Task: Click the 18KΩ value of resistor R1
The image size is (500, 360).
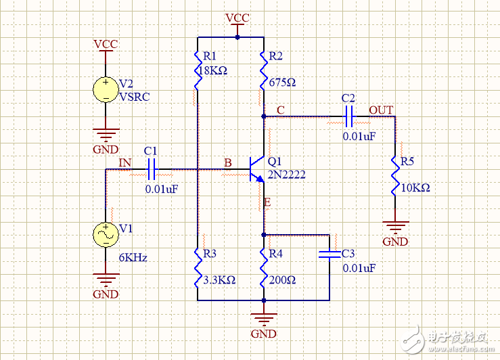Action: click(213, 70)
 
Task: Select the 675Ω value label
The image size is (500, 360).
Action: click(282, 83)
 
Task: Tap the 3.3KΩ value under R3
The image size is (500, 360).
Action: click(219, 279)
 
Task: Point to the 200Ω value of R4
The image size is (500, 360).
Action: click(281, 279)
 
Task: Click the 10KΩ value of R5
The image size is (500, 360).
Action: click(415, 187)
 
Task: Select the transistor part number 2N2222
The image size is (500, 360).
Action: click(286, 175)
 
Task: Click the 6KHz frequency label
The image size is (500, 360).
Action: click(133, 258)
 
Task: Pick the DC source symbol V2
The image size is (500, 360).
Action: click(106, 89)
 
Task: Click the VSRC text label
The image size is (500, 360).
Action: click(135, 96)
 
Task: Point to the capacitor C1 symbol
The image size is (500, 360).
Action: click(152, 167)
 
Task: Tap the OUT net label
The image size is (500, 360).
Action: click(381, 110)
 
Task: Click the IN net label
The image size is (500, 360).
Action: click(125, 162)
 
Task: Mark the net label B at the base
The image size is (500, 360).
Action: click(228, 163)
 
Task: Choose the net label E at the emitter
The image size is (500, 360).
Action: click(267, 202)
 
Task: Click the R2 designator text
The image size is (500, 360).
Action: click(276, 55)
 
